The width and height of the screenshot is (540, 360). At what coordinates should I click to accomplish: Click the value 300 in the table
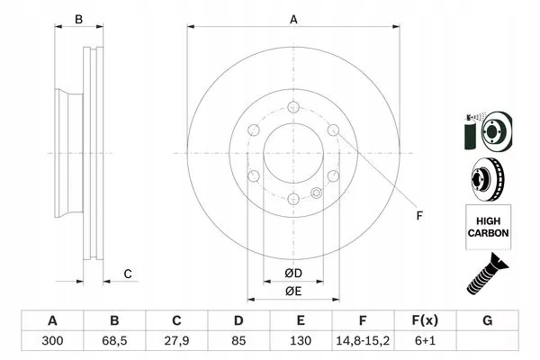point(52,341)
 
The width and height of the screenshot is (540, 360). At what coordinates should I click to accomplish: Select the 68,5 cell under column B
point(114,341)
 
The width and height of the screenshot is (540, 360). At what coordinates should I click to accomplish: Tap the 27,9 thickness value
point(176,341)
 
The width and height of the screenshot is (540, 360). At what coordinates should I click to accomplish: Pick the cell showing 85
point(238,341)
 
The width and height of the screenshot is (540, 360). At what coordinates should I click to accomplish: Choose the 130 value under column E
point(301,341)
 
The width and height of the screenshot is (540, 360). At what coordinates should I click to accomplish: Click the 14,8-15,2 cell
point(363,341)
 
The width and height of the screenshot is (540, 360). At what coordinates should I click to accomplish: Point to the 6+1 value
point(425,341)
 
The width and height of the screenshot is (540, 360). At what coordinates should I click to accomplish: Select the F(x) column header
point(425,320)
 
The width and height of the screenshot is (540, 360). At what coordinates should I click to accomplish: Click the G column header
point(487,320)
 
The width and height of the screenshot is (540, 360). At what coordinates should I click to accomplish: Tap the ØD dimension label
point(293,274)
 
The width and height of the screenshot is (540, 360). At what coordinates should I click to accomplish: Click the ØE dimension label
point(293,292)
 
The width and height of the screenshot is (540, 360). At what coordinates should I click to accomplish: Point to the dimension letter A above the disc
point(293,20)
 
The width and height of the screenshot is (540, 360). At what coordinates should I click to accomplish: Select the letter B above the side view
point(79,19)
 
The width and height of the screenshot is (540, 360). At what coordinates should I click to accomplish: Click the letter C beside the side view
point(128,274)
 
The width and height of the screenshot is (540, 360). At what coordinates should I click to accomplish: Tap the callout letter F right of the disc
point(419,216)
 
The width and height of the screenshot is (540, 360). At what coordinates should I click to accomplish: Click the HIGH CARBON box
point(489,227)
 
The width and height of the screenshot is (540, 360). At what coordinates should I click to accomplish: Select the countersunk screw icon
point(487,274)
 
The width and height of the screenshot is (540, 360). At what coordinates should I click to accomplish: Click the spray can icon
point(470,132)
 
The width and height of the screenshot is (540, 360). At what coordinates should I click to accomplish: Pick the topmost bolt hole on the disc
point(293,107)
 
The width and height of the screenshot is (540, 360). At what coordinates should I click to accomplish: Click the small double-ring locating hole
point(317,193)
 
